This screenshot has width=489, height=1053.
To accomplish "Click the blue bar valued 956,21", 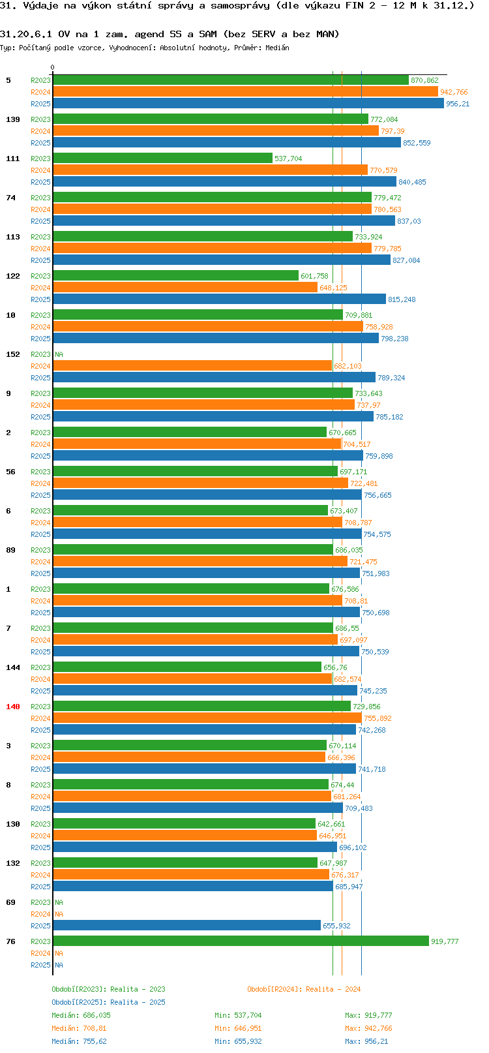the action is pyautogui.click(x=248, y=104).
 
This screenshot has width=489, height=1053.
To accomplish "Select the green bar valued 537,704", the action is pyautogui.click(x=162, y=159).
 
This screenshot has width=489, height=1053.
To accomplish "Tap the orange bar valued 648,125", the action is pyautogui.click(x=185, y=288).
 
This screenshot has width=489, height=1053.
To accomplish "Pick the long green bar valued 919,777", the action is pyautogui.click(x=241, y=941).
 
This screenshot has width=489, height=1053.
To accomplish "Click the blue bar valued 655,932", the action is pyautogui.click(x=186, y=926).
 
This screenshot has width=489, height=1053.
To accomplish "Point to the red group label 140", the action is pyautogui.click(x=12, y=707).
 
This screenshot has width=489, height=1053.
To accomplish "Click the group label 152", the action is pyautogui.click(x=12, y=354).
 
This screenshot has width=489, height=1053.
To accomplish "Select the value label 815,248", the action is pyautogui.click(x=402, y=299).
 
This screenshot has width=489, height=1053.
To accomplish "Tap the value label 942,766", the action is pyautogui.click(x=454, y=92).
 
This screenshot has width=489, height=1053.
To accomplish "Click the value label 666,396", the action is pyautogui.click(x=341, y=757).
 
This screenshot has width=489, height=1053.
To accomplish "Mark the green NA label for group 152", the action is pyautogui.click(x=59, y=354).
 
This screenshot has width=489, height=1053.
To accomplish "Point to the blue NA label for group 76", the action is pyautogui.click(x=59, y=965).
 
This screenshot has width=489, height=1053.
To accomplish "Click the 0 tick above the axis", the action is pyautogui.click(x=52, y=67).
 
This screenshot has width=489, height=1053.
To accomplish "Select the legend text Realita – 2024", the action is pyautogui.click(x=333, y=989).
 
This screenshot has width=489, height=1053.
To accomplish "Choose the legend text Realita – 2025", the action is pyautogui.click(x=138, y=1002).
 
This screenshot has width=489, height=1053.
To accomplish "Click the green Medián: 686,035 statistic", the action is pyautogui.click(x=81, y=1015).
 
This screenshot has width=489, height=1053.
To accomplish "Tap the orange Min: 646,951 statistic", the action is pyautogui.click(x=238, y=1029).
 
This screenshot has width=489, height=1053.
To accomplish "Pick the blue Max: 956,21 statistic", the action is pyautogui.click(x=366, y=1041).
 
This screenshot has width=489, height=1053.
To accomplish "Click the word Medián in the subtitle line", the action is pyautogui.click(x=277, y=48).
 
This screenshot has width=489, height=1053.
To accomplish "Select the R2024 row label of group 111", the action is pyautogui.click(x=40, y=170).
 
